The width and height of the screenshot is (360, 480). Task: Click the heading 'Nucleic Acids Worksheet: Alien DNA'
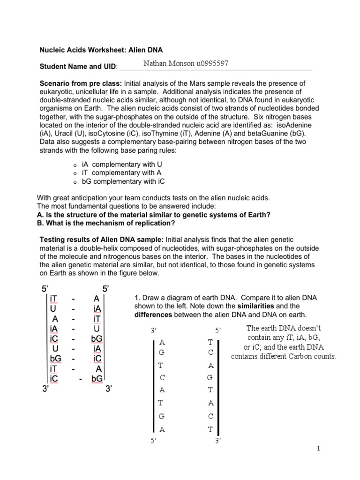coord(101,49)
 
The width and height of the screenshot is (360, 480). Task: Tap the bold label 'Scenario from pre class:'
coord(81,83)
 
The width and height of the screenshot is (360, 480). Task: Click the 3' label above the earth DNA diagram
coord(153,331)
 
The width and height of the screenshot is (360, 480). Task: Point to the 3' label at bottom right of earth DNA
coord(217,440)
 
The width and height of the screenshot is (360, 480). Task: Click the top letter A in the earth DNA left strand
coord(162,342)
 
